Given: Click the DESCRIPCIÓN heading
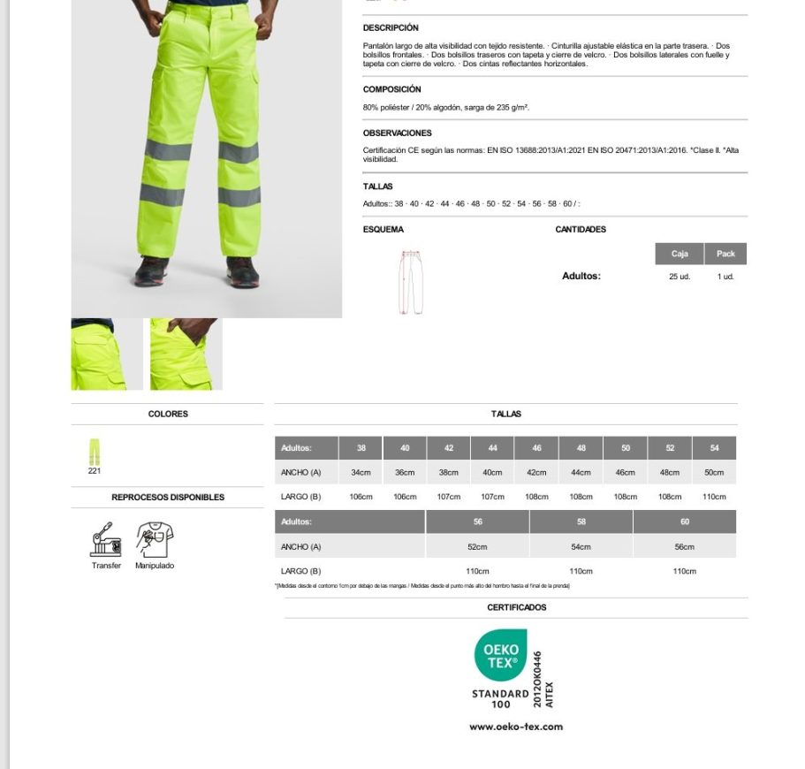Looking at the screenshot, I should pos(391,28).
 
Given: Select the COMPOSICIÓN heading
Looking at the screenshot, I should pos(391,89).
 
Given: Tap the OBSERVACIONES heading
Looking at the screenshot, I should pos(397,133).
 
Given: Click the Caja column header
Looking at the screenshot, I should pos(679,254).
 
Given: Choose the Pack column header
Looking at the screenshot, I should pos(725,254).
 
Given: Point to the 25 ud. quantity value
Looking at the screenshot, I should pos(679,277).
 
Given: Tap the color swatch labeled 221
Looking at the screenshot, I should pos(95,452).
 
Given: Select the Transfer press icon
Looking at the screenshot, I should pos(106,538).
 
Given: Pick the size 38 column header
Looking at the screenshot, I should pos(361,448).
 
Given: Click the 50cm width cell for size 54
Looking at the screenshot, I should pos(714,473).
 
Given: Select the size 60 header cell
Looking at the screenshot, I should pos(684,522).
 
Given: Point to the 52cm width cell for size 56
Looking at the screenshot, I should pos(477,547).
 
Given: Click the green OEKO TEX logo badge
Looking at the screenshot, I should pos(500,656).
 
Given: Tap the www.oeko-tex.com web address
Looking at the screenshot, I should pos(516,727).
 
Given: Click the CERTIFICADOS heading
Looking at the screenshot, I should pos(516,607).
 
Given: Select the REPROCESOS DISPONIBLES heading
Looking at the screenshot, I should pos(168,498).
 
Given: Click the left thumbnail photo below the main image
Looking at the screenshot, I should pos(106,354).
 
